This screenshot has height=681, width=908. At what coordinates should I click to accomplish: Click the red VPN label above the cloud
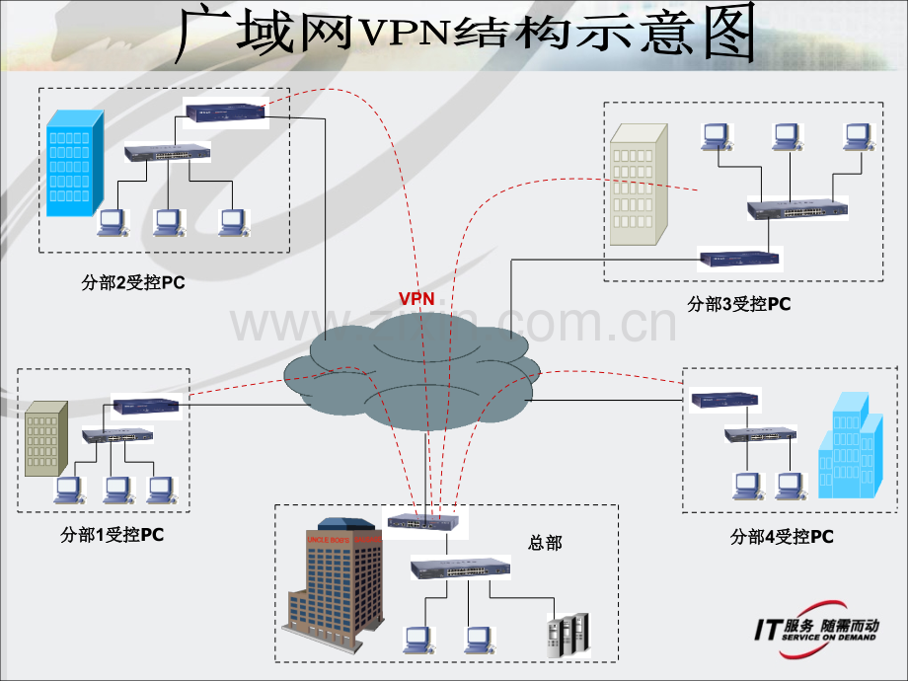(x=416, y=297)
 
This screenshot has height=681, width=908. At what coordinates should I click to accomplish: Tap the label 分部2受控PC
(x=133, y=283)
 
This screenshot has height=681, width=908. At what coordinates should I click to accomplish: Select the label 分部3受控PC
(x=739, y=304)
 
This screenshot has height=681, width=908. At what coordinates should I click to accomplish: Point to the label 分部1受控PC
(x=112, y=535)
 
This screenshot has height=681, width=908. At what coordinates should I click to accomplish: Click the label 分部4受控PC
(x=782, y=537)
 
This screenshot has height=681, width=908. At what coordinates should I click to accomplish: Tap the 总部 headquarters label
(x=545, y=543)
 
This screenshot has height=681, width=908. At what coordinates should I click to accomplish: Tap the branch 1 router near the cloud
(x=145, y=405)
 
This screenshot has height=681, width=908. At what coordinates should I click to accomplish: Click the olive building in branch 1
(x=46, y=439)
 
